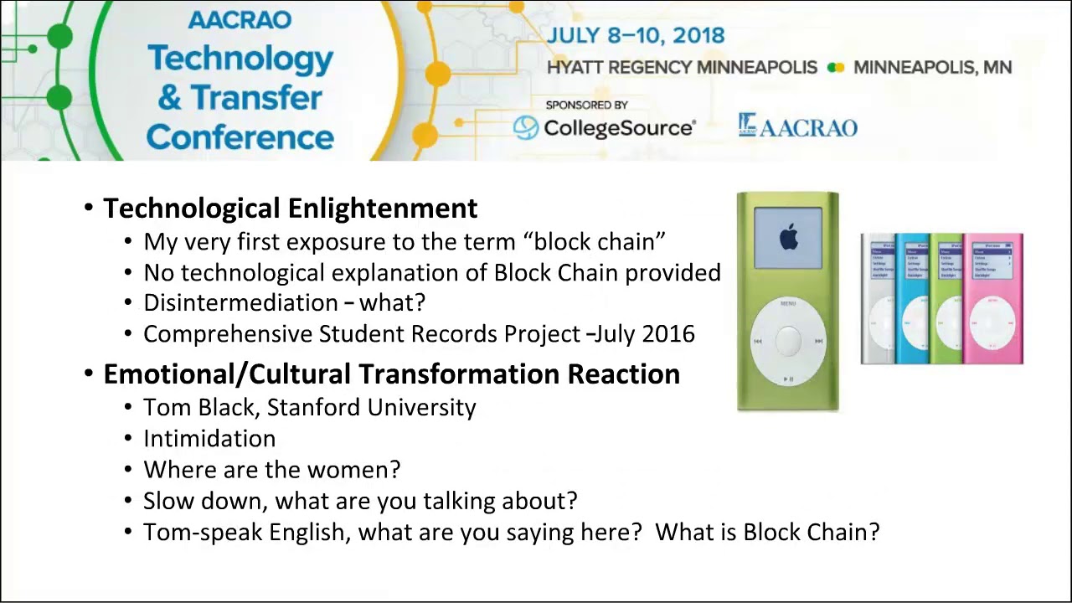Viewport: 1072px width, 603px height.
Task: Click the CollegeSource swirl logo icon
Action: point(525,128)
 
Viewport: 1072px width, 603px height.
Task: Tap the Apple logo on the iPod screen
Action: point(788,237)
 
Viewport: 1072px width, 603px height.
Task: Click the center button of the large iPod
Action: point(788,340)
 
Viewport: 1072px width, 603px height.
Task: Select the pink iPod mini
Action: point(993,299)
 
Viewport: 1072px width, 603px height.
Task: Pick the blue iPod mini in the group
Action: point(912,299)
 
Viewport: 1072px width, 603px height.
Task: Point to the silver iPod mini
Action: point(878,299)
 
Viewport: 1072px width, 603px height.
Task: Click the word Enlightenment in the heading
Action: point(383,209)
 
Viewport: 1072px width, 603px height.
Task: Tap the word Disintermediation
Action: point(240,302)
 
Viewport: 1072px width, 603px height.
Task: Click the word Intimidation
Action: point(209,438)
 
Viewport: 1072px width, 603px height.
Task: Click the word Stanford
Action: point(313,407)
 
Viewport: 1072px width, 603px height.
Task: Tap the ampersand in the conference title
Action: point(169,98)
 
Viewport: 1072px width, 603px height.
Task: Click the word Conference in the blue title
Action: point(240,138)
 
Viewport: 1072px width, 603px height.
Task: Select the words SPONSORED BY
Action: point(587,105)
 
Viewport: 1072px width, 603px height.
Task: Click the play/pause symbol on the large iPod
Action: point(788,379)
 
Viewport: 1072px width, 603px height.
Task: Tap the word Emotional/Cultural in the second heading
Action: point(227,374)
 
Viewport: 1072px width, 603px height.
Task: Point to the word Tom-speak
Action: point(203,532)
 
